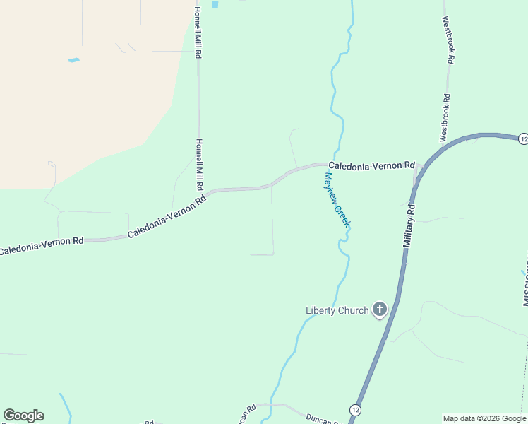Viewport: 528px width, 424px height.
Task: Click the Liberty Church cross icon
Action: pos(380,309)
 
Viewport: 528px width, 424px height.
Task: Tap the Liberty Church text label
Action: pos(337,310)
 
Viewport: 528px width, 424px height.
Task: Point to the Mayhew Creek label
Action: pos(337,199)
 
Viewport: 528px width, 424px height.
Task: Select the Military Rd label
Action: pos(409,225)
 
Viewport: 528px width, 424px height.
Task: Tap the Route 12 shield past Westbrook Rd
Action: pos(522,139)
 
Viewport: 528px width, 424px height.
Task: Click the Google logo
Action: pos(23,416)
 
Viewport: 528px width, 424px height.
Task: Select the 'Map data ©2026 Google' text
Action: pos(484,418)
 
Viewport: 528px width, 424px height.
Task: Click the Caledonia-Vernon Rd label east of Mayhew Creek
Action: pos(371,165)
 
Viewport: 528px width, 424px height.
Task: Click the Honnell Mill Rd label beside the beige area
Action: pos(198,33)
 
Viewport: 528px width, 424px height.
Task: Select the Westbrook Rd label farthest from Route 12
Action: pos(448,40)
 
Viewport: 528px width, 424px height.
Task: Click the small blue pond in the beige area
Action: pos(73,60)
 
